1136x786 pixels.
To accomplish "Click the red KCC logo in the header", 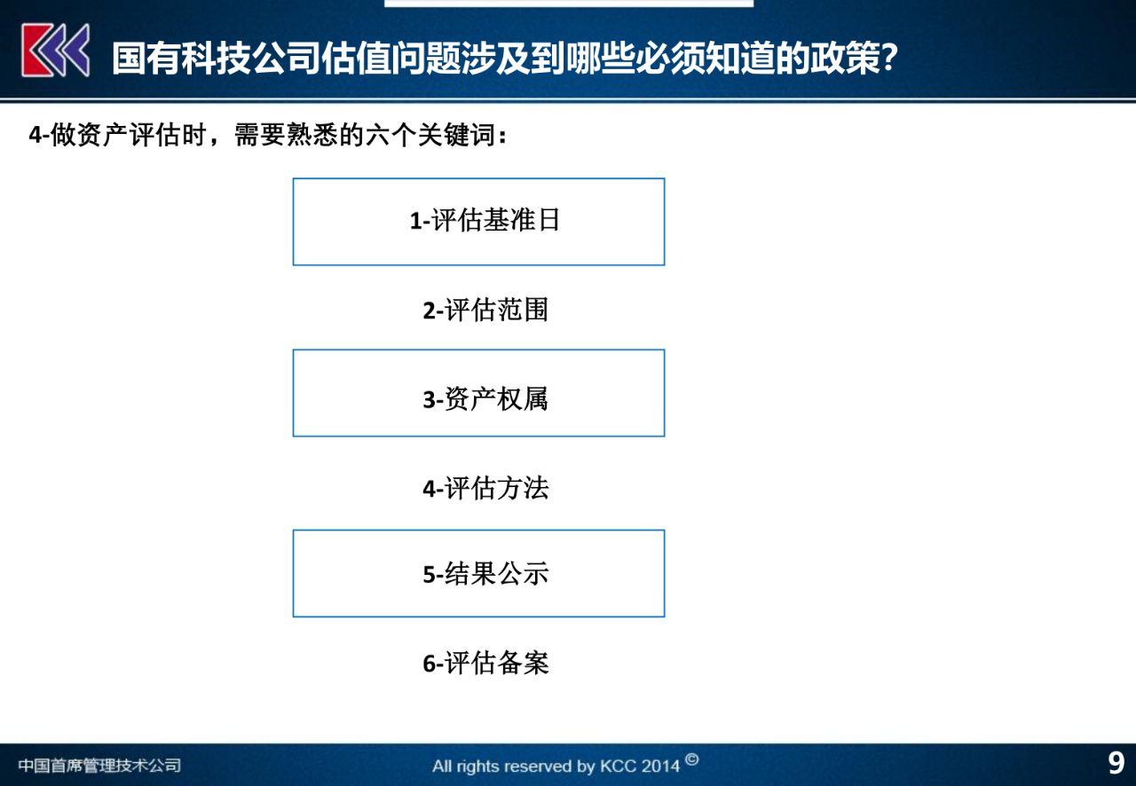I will tap(55, 50).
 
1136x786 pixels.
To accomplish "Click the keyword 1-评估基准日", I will tap(485, 220).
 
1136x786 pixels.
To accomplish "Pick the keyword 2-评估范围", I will tap(485, 310).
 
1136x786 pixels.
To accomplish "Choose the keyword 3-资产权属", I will tap(485, 399).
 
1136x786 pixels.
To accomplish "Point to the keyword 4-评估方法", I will tap(485, 488).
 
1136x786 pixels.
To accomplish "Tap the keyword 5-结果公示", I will tap(485, 574).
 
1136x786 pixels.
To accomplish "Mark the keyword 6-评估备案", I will tap(485, 663).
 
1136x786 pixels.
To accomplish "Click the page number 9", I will tap(1116, 763).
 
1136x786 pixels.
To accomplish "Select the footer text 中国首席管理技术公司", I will tap(99, 766).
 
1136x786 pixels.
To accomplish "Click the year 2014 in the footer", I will tap(660, 766).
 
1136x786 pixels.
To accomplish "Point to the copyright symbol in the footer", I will tap(692, 759).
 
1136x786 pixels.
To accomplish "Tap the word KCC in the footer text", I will tap(619, 766).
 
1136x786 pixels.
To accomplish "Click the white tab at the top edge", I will tap(568, 4).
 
